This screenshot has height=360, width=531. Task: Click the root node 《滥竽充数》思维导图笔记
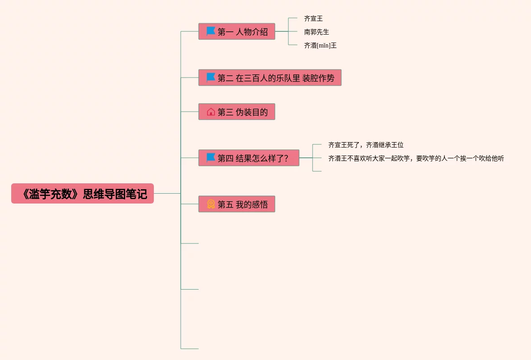pyautogui.click(x=83, y=194)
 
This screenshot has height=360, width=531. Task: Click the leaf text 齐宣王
pyautogui.click(x=313, y=18)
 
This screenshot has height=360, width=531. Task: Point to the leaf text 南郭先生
pyautogui.click(x=317, y=32)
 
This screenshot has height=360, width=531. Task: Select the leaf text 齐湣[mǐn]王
pyautogui.click(x=320, y=45)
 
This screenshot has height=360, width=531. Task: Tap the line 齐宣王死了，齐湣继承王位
pyautogui.click(x=366, y=145)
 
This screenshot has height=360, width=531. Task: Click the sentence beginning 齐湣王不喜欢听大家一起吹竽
pyautogui.click(x=416, y=158)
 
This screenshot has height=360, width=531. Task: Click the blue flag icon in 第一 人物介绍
pyautogui.click(x=211, y=31)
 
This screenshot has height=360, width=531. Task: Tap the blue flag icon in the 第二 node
pyautogui.click(x=211, y=78)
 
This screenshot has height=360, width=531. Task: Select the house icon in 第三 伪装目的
pyautogui.click(x=211, y=112)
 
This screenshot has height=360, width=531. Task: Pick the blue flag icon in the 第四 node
pyautogui.click(x=211, y=158)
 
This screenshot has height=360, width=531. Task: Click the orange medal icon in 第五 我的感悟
pyautogui.click(x=211, y=204)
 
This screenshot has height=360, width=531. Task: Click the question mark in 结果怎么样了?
pyautogui.click(x=286, y=158)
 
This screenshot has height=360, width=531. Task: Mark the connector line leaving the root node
pyautogui.click(x=167, y=193)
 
